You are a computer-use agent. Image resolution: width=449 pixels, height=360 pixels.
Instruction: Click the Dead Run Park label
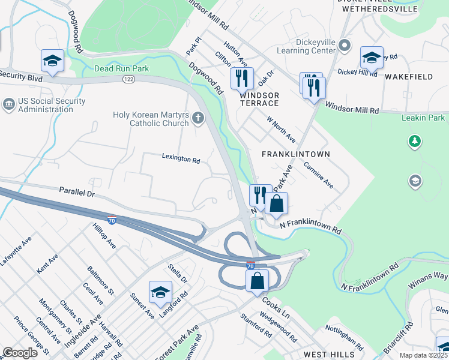click(121, 69)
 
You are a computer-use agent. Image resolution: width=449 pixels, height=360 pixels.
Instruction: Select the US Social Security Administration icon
click(9, 105)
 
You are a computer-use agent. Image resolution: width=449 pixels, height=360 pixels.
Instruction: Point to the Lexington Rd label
click(181, 160)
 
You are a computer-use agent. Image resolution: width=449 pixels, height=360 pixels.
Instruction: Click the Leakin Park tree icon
click(414, 142)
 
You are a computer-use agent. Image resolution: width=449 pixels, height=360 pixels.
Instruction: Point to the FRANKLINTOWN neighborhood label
click(296, 154)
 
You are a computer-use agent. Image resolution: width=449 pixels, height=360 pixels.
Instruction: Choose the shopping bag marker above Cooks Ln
click(256, 280)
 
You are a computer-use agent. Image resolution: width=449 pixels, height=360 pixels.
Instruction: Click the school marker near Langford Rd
click(160, 292)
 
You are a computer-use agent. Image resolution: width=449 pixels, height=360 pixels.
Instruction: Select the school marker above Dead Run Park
click(53, 61)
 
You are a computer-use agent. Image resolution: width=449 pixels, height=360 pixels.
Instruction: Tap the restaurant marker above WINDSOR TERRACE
click(242, 77)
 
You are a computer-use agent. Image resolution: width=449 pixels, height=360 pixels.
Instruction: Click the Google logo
click(20, 353)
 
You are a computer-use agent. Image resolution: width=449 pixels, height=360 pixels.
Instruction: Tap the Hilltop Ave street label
click(103, 236)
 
